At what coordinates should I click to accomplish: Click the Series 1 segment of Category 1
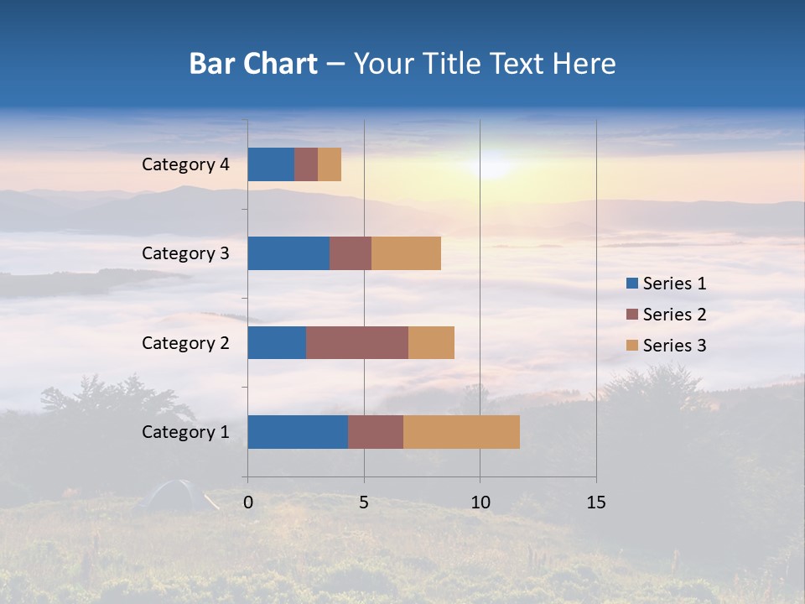point(298,432)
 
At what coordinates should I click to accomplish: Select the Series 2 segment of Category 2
point(357,342)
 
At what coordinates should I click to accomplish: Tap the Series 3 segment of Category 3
point(406,253)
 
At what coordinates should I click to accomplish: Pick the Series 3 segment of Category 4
point(330,164)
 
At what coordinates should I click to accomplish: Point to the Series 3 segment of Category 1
point(461,432)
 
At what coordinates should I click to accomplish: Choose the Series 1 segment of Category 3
point(288,253)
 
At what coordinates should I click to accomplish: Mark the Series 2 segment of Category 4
point(306,164)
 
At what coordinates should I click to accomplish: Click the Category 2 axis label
point(185,342)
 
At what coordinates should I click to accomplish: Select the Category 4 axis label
point(185,164)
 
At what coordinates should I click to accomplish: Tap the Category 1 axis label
point(185,432)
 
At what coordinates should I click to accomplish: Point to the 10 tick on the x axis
point(480,502)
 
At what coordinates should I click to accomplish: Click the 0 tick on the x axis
point(248,502)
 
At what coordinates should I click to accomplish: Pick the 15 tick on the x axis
point(595,502)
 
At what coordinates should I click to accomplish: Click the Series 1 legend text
point(674,284)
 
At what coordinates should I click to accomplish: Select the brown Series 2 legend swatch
point(631,315)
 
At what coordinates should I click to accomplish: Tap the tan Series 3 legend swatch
point(631,346)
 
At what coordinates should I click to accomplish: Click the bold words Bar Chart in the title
point(253,64)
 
